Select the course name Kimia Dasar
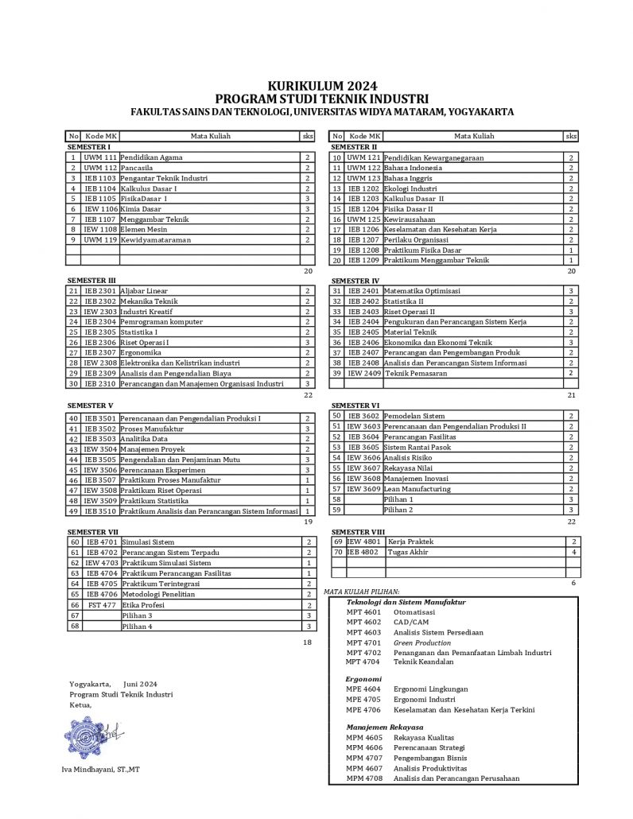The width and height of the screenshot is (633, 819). pyautogui.click(x=141, y=209)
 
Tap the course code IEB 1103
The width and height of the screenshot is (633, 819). pyautogui.click(x=100, y=178)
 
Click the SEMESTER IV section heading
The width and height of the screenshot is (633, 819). pyautogui.click(x=355, y=281)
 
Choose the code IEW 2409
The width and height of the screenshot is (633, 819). pyautogui.click(x=364, y=373)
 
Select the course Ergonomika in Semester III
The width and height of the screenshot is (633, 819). pyautogui.click(x=142, y=352)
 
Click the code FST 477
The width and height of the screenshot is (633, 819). pyautogui.click(x=101, y=605)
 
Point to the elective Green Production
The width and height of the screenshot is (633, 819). pyautogui.click(x=421, y=642)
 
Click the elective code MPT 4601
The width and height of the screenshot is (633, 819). pyautogui.click(x=363, y=612)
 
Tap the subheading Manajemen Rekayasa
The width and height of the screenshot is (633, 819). pyautogui.click(x=384, y=728)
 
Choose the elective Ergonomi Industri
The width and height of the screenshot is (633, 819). pyautogui.click(x=425, y=700)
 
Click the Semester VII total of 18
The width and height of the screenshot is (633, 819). pyautogui.click(x=308, y=642)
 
